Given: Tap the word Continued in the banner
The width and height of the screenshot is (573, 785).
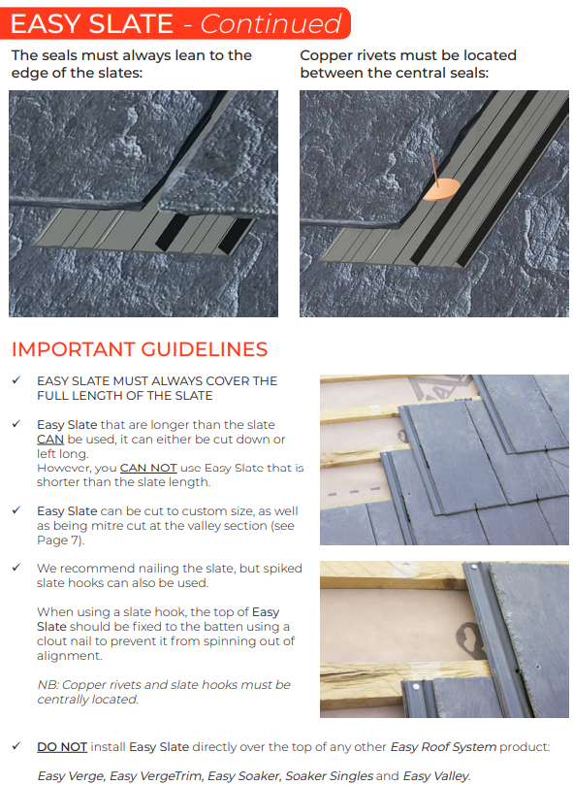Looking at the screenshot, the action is click(x=271, y=23).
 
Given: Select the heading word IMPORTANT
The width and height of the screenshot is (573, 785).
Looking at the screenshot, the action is click(x=73, y=349).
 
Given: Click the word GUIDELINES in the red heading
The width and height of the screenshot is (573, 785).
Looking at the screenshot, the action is click(x=205, y=349).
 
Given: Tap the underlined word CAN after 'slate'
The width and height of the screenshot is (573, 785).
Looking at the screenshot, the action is click(x=50, y=439).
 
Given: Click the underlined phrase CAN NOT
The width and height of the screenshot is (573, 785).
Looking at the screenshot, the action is click(x=148, y=468).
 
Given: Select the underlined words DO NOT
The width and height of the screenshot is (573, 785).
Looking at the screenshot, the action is click(x=62, y=747).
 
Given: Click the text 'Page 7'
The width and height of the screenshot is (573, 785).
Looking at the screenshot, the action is click(x=58, y=540).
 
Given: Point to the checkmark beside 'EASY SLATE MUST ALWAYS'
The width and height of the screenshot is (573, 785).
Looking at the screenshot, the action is click(x=16, y=380).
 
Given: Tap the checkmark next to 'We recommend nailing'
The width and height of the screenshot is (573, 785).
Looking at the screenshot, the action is click(x=16, y=568).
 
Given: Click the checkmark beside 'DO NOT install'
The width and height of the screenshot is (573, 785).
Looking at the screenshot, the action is click(x=16, y=746).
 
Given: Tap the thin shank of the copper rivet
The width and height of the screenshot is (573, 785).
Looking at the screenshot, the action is click(x=435, y=167).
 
